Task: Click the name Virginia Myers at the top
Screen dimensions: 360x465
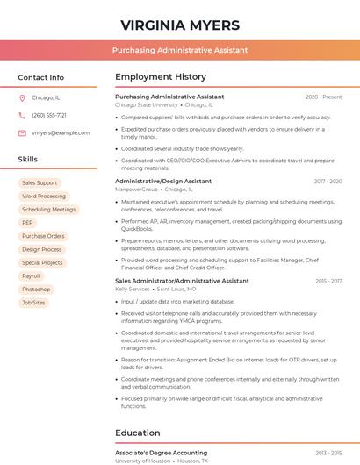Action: (x=180, y=23)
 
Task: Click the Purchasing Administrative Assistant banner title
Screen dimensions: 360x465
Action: (x=180, y=50)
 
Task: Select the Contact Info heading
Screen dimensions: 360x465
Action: (x=41, y=77)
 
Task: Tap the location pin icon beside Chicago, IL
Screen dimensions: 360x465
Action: (x=22, y=98)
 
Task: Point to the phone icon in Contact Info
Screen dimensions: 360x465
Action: (x=22, y=116)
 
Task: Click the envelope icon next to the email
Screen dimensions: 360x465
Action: (x=22, y=133)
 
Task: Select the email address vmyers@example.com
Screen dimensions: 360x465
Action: (x=61, y=133)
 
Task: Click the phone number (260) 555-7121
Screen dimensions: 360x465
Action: (x=49, y=116)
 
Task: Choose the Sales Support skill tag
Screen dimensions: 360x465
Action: (x=40, y=183)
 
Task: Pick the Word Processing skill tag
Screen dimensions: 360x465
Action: (x=44, y=197)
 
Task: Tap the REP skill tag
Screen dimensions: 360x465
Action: (x=28, y=223)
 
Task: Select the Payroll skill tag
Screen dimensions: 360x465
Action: (x=31, y=275)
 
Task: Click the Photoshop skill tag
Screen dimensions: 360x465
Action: (x=36, y=289)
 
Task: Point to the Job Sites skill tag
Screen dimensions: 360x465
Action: (x=34, y=302)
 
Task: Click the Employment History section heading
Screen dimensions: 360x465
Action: (x=161, y=77)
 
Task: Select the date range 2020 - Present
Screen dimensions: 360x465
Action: (x=323, y=97)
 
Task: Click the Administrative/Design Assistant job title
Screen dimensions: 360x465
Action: (x=163, y=181)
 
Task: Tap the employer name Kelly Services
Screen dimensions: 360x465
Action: (x=133, y=289)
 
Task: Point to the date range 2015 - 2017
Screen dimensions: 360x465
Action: (x=328, y=281)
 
